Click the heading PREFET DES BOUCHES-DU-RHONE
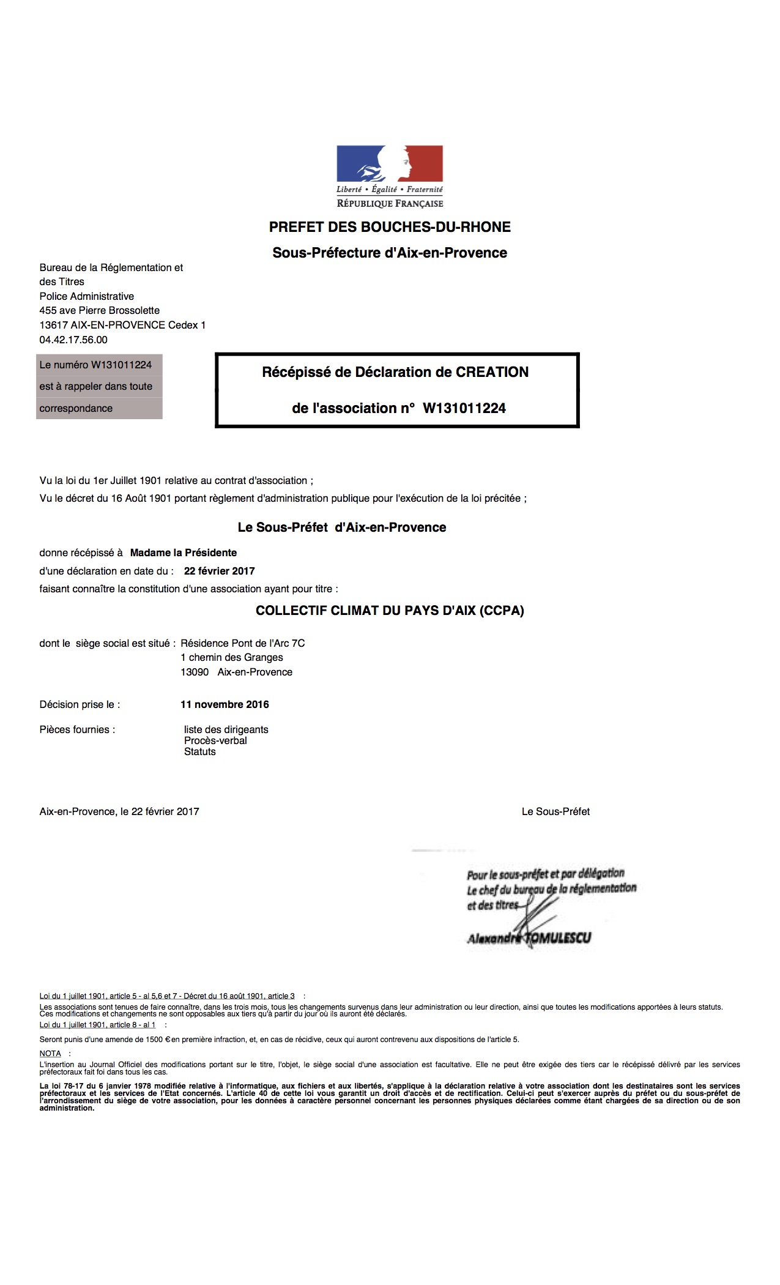pos(390,227)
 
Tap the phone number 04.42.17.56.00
pos(73,340)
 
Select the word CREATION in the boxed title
pos(492,372)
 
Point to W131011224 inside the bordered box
pos(464,408)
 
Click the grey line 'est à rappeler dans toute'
pos(96,386)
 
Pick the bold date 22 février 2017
pos(219,571)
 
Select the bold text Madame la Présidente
pos(184,553)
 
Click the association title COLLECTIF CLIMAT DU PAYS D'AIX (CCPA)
pos(390,611)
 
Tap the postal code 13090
pos(195,672)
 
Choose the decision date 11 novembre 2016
pos(225,704)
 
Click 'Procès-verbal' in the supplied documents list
pos(215,740)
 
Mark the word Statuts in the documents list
pos(200,751)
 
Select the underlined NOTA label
pos(50,1054)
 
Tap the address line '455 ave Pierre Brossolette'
pos(100,310)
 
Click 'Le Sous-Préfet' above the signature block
pos(555,811)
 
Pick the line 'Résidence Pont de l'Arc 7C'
pos(243,643)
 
